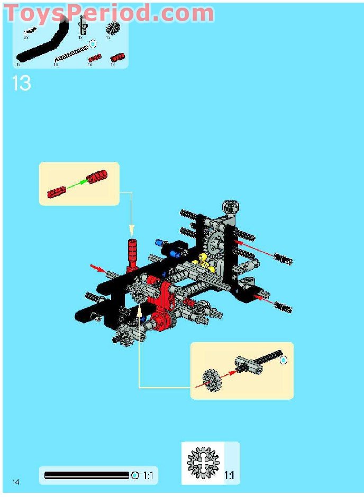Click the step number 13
tap(21, 84)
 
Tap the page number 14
tap(16, 481)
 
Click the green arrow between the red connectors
tap(77, 183)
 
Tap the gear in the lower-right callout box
tap(211, 379)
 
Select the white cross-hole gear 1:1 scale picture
tap(203, 463)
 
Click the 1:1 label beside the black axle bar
tap(148, 476)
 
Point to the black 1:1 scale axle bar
tap(87, 475)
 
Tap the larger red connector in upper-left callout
tap(97, 177)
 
